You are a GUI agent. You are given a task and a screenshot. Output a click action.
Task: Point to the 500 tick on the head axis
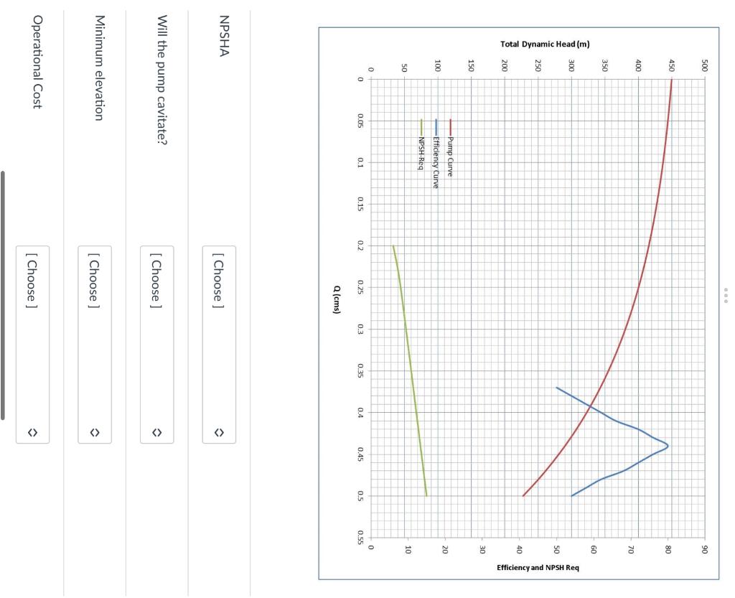(706, 69)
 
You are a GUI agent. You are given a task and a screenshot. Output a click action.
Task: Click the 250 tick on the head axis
(538, 69)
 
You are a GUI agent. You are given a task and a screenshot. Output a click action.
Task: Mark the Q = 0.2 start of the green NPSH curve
(393, 246)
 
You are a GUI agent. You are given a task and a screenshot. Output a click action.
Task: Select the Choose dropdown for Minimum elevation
(95, 345)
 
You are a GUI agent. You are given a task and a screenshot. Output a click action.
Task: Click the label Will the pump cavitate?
(161, 79)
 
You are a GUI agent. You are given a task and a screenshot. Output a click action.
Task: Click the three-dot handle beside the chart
(726, 296)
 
